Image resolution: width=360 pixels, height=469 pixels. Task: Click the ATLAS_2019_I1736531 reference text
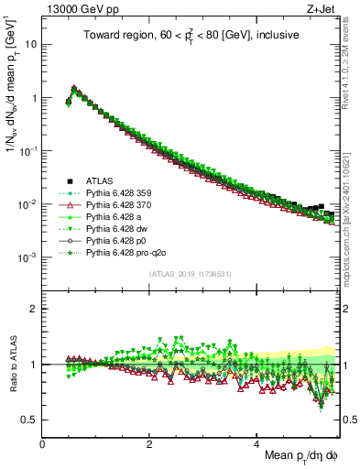(191, 275)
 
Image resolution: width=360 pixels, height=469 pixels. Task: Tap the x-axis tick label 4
(256, 443)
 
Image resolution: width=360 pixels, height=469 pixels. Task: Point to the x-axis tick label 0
(43, 443)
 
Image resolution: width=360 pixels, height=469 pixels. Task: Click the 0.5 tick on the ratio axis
(30, 420)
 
